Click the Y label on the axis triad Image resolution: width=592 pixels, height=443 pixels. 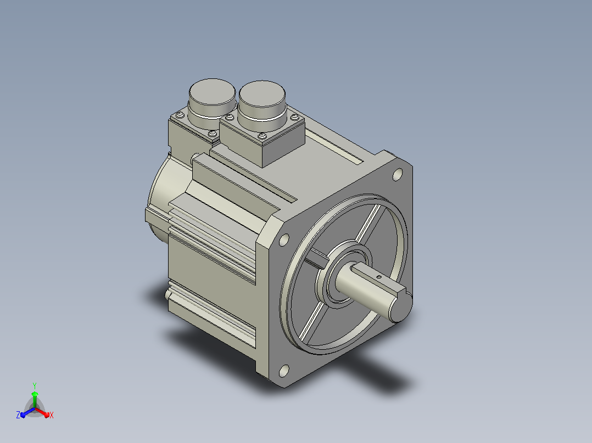click(x=35, y=385)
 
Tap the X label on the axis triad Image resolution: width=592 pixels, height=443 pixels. click(x=52, y=415)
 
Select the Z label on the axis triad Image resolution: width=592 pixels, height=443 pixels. click(x=18, y=414)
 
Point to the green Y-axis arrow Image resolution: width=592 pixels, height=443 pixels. click(x=35, y=399)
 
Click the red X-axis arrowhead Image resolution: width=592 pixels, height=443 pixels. click(x=46, y=414)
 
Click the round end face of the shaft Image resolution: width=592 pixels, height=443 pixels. click(x=401, y=307)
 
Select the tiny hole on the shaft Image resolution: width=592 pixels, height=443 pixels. click(x=379, y=277)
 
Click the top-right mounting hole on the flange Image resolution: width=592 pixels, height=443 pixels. click(x=398, y=175)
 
